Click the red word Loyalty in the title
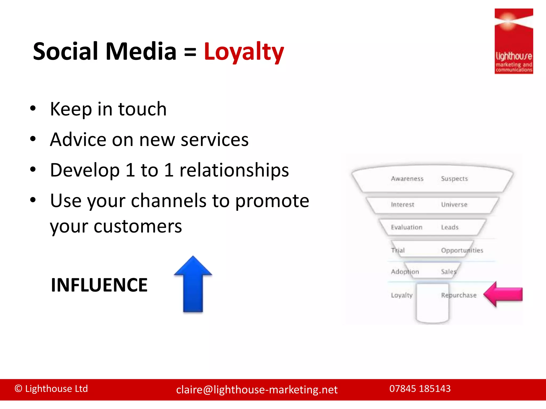tap(244, 52)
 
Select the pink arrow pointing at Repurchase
tap(503, 294)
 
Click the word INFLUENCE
tap(99, 285)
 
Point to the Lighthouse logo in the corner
tap(513, 41)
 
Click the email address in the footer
tap(257, 390)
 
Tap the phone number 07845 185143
tap(420, 388)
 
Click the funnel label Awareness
tap(407, 179)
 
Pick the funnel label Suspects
tap(454, 179)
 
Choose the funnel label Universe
tap(454, 204)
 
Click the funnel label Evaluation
tap(407, 227)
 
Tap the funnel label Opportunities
tap(462, 250)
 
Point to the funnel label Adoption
tap(405, 272)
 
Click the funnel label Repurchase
tap(459, 295)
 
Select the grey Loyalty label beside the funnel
tap(402, 295)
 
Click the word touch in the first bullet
tap(142, 109)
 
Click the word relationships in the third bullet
tap(234, 170)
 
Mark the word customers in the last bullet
tap(138, 226)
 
